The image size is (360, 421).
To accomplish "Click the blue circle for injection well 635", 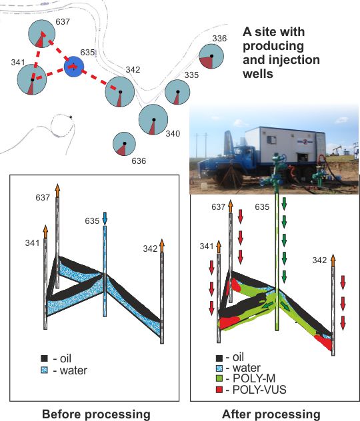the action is coord(74,67).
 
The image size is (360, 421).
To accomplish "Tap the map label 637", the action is coord(63,22).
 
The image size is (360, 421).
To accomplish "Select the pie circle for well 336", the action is coord(211,57).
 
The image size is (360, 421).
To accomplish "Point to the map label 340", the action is coord(173,133).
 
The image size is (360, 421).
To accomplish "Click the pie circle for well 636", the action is coord(124,144).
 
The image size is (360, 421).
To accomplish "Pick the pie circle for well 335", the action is coord(177,92).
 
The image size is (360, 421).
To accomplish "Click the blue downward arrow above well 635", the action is coord(105,218).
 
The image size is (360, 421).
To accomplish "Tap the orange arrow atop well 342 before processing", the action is coord(162,246).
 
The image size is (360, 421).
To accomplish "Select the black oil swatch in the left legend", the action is coord(44,358).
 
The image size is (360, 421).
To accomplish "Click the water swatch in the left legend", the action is coord(44,370).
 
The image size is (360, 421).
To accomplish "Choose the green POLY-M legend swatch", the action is coord(219,378).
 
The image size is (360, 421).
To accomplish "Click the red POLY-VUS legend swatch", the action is coord(219,390).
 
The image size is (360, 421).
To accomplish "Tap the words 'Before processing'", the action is coord(96,414).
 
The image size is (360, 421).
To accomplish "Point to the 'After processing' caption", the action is coord(271,414).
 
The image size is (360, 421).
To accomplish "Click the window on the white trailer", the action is coord(271,140).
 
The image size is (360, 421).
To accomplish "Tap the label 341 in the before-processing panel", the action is coord(32,243).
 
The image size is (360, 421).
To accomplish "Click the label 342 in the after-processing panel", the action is coord(319,260).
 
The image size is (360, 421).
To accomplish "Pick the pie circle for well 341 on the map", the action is coord(32,79).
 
